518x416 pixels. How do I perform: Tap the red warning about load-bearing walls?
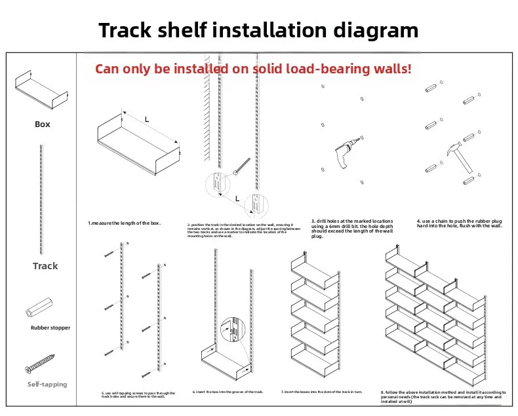click(253, 68)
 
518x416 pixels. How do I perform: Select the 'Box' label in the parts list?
click(42, 124)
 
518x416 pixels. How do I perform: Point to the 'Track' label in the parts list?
click(45, 266)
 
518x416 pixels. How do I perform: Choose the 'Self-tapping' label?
click(47, 384)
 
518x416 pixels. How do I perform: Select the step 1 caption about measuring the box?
click(125, 223)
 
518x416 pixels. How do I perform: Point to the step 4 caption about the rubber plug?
click(460, 223)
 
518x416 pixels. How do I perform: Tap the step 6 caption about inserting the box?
click(228, 391)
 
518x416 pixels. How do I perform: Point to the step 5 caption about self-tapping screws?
click(138, 394)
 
